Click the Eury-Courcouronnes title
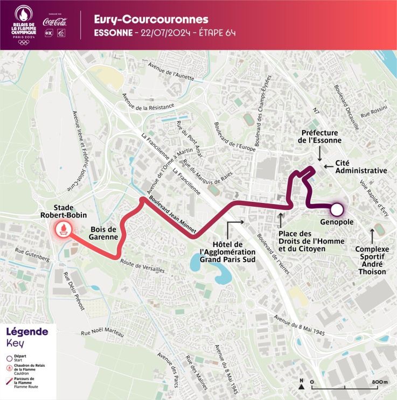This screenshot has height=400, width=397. (151, 19)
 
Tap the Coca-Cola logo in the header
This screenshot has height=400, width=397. (56, 22)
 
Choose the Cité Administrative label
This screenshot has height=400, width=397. (361, 166)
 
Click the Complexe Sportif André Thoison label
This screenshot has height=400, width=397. (372, 261)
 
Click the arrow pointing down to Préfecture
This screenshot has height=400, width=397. (319, 155)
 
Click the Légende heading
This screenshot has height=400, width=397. (27, 332)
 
